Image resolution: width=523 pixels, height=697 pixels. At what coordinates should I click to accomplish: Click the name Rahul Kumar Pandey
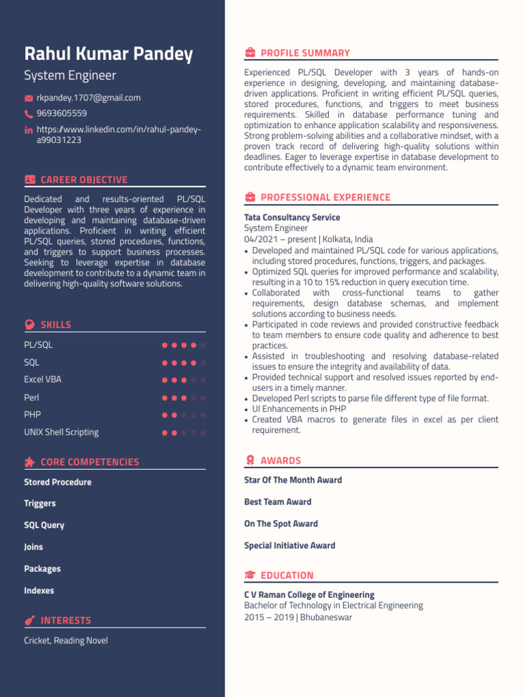pos(108,54)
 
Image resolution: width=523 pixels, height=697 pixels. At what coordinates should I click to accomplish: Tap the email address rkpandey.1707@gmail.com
pos(89,98)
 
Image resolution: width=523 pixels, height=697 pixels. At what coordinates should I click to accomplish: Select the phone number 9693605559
pos(61,114)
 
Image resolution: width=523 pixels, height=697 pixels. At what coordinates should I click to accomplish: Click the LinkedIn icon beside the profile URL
pos(29,130)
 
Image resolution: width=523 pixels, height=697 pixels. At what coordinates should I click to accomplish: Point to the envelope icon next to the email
pos(29,98)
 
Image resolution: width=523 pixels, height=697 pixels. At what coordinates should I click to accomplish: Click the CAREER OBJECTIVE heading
pos(84,180)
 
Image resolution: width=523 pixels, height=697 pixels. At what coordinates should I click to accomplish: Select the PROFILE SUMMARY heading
pos(305,53)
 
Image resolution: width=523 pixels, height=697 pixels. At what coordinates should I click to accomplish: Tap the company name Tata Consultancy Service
pos(292,218)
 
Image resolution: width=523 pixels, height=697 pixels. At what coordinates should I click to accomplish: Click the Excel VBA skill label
pos(43,380)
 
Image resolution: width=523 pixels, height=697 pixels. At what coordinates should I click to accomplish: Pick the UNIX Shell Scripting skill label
pos(61,432)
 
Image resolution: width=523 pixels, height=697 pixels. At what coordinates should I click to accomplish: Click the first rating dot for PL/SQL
pos(165,345)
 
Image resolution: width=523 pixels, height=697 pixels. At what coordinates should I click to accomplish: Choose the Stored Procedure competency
pos(58,483)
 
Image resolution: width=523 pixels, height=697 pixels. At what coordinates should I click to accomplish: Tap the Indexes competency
pos(39,591)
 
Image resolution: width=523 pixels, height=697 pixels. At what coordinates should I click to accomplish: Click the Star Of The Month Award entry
pos(293,481)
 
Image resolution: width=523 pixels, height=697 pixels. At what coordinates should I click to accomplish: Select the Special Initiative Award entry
pos(289,546)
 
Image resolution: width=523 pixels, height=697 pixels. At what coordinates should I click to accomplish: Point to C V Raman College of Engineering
pos(309,595)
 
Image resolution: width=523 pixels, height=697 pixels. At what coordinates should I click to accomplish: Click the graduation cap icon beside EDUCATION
pos(250,575)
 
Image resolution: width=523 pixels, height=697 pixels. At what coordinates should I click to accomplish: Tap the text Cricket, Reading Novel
pos(66,641)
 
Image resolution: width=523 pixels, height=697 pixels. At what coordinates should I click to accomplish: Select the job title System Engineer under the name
pos(70,76)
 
